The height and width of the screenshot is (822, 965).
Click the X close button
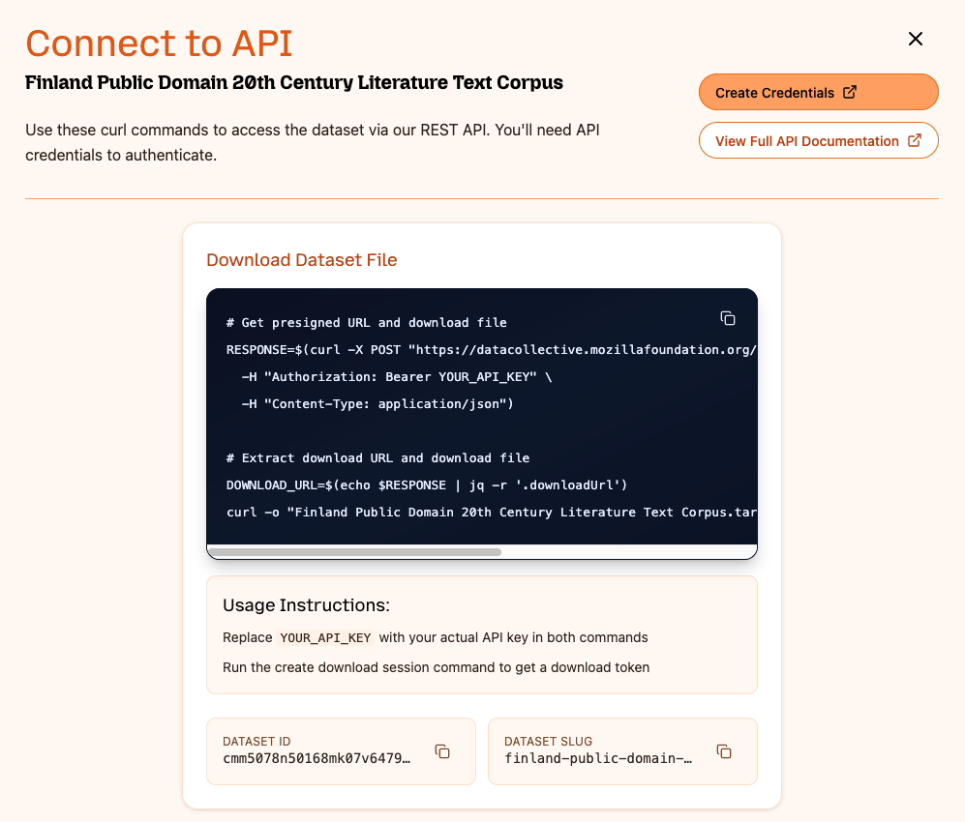coord(915,39)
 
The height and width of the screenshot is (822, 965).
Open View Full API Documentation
coord(818,141)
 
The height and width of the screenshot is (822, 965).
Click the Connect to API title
coord(159,44)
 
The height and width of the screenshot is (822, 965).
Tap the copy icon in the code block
coord(728,318)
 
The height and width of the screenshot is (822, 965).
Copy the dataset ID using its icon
coord(442,751)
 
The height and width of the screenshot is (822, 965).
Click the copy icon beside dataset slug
coord(723,751)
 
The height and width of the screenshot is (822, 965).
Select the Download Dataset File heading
coord(302,260)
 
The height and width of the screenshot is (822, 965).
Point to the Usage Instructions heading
coord(306,605)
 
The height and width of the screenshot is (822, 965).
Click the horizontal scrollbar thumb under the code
coord(354,552)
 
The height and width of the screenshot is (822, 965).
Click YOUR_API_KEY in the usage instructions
coord(325,638)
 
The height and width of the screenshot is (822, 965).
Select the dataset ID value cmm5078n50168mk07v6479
coord(317,758)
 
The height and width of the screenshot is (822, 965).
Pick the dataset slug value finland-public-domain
coord(598,758)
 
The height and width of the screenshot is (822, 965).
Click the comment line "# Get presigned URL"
coord(366,322)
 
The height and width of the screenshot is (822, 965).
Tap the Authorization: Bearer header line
coord(397,376)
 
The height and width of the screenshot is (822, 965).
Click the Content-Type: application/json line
coord(377,403)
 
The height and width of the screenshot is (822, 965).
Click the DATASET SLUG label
coord(548,741)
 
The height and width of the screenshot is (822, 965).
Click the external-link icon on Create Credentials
coord(850,93)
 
